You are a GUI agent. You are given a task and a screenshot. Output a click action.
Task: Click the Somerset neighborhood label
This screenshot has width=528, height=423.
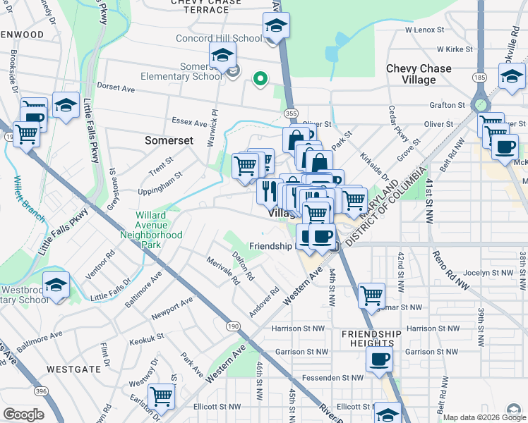[169, 140]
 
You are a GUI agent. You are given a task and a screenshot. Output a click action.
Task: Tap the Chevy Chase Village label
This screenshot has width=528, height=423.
[419, 74]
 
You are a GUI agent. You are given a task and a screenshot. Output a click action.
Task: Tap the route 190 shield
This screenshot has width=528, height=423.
[232, 326]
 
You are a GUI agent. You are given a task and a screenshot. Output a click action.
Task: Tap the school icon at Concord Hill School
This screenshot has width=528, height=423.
[276, 26]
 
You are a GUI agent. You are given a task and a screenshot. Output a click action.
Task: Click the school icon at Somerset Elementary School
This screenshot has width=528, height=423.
[223, 54]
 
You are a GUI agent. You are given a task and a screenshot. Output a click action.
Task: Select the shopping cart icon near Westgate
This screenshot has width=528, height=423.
[161, 395]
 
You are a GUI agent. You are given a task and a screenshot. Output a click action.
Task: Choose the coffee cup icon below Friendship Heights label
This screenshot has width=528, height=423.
[379, 358]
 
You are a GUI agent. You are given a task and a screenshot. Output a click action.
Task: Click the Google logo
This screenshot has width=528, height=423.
[23, 415]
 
